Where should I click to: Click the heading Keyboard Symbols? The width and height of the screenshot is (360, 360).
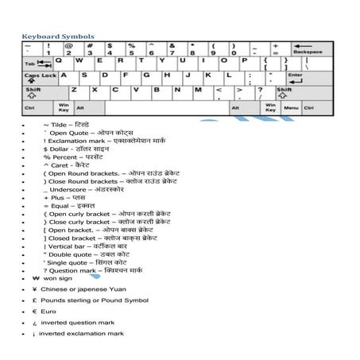pos(57,36)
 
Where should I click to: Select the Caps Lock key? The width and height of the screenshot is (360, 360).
pos(41,77)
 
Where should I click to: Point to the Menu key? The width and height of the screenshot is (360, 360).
pos(290,107)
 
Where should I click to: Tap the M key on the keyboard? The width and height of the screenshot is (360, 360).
pos(197,91)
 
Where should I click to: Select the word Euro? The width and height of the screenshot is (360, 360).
pos(49,312)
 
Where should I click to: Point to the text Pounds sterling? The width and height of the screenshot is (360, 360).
pos(71,300)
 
